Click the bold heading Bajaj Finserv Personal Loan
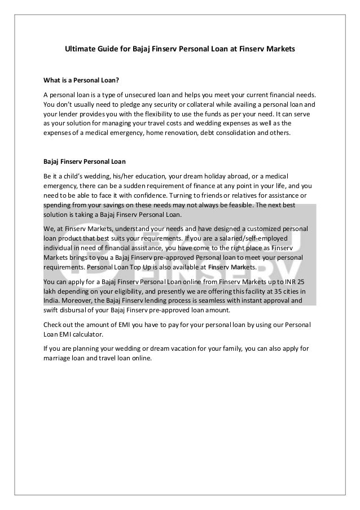(84, 161)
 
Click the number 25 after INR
(308, 280)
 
